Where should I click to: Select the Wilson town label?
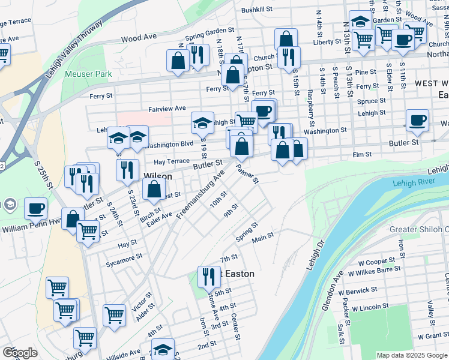158,176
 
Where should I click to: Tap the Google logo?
19,353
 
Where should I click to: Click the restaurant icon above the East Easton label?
209,276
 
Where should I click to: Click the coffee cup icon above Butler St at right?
417,120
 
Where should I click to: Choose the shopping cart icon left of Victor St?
114,313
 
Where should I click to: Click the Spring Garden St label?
209,30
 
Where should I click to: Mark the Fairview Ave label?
167,109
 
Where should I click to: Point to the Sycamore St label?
124,256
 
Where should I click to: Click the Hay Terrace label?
171,161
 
